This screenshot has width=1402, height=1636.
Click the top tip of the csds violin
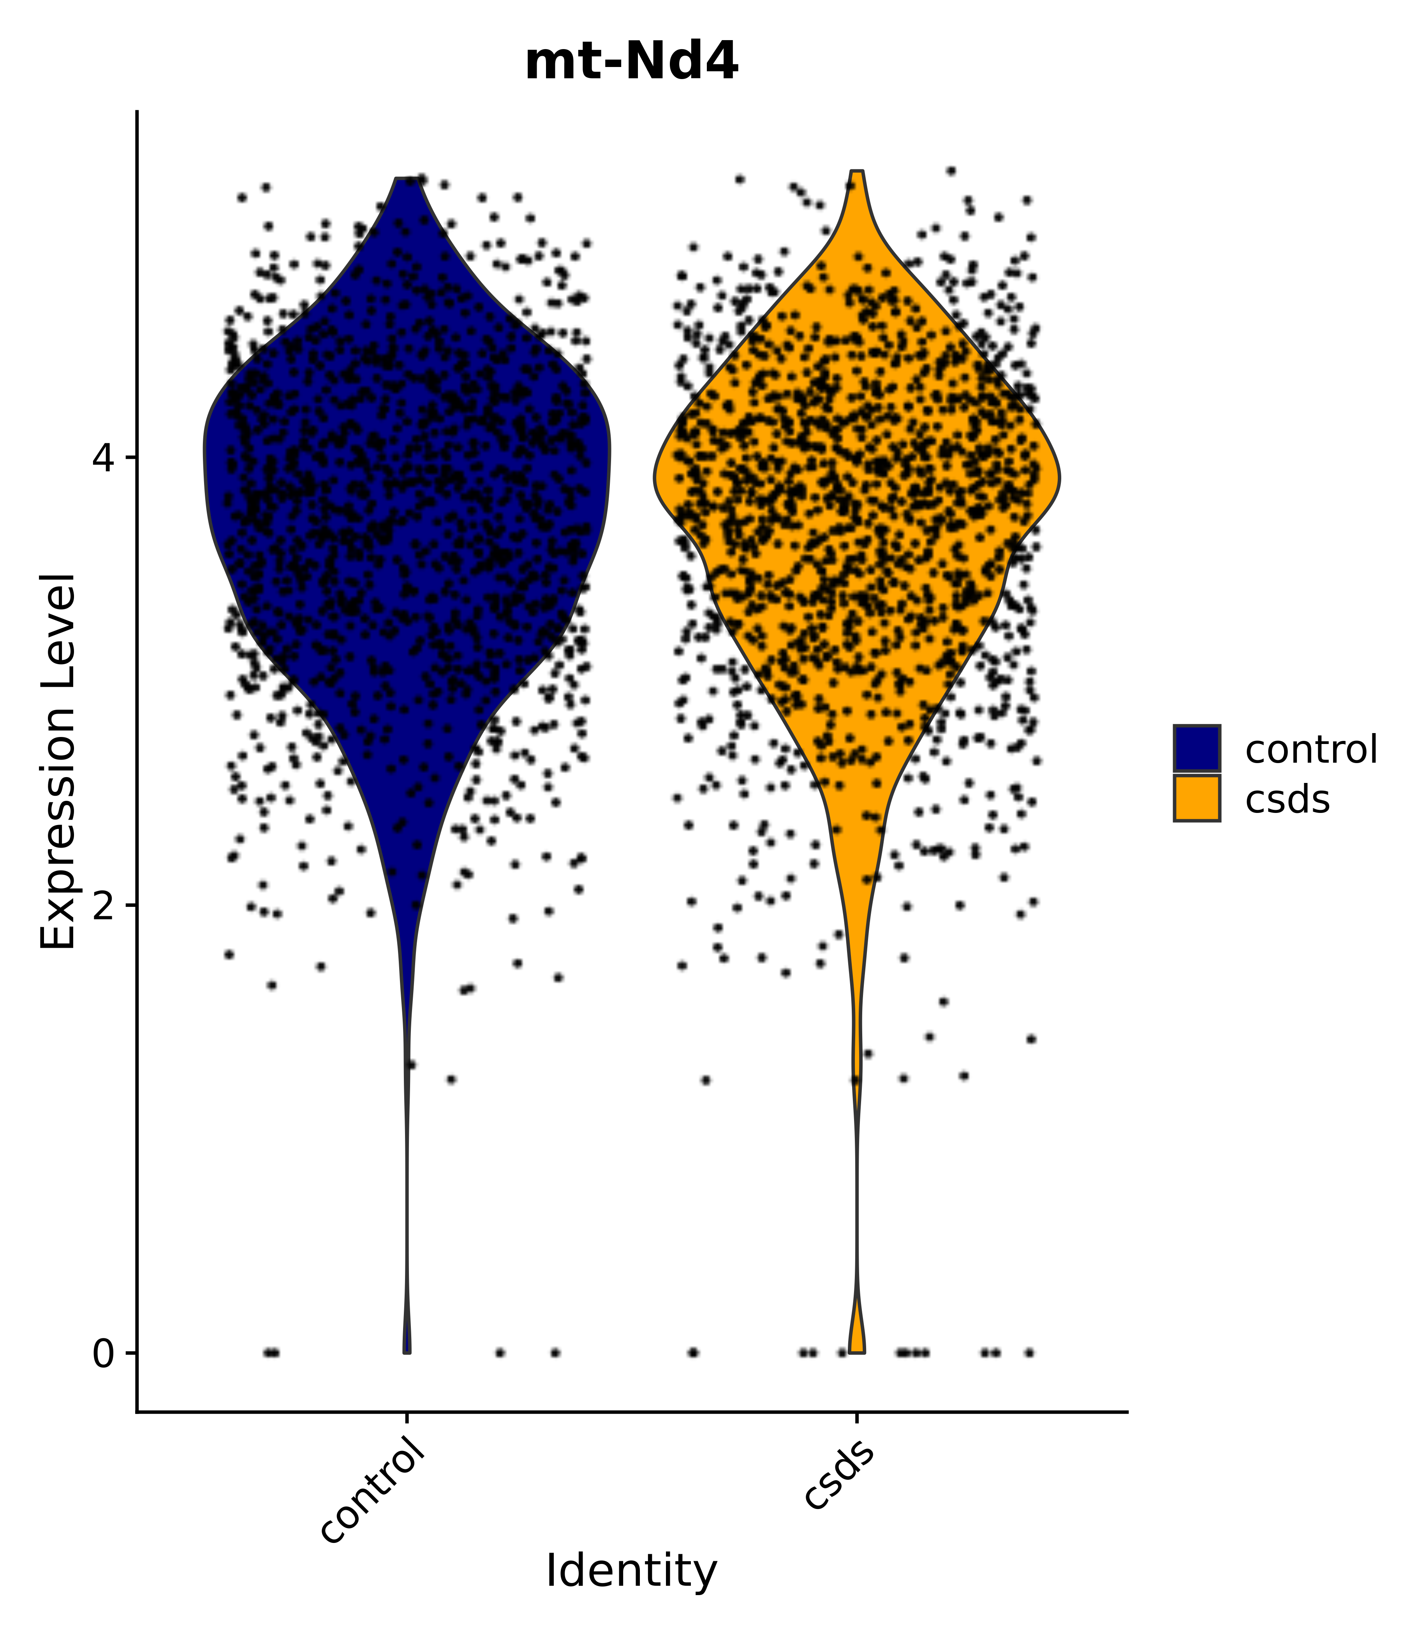click(857, 172)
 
